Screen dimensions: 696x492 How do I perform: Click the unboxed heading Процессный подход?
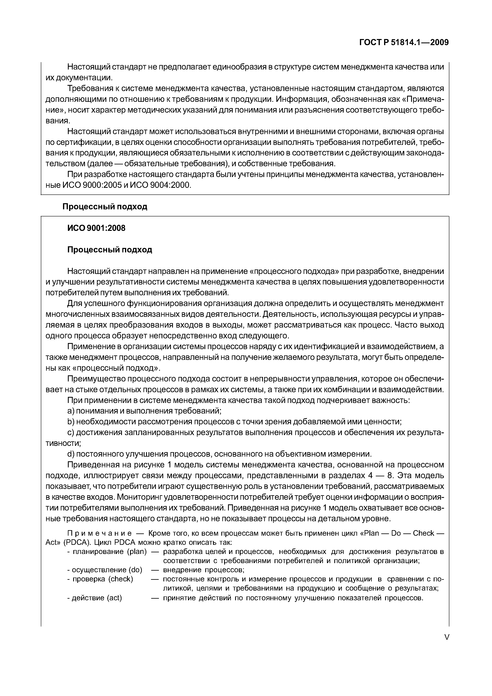(x=105, y=207)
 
